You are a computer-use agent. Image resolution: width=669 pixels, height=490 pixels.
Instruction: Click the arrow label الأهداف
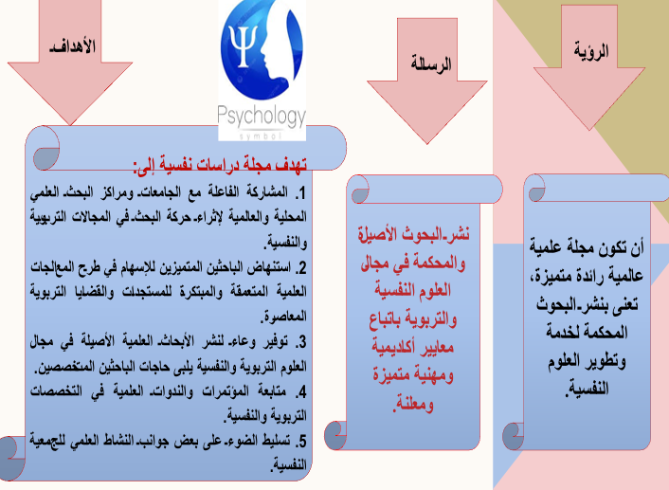click(x=73, y=46)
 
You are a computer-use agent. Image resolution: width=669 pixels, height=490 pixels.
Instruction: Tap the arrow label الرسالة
click(x=431, y=64)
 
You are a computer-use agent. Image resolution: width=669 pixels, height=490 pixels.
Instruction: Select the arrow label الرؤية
click(x=591, y=51)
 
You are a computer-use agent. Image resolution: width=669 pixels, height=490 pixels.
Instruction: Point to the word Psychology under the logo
click(x=262, y=117)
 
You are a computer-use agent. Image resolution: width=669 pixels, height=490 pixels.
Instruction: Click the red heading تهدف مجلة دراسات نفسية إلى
click(x=220, y=165)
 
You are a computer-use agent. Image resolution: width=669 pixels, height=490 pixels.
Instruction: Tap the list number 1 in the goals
click(x=301, y=193)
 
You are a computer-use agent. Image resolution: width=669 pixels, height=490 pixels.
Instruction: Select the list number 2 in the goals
click(x=301, y=268)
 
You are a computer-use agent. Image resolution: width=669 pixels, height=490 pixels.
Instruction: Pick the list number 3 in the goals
click(x=301, y=342)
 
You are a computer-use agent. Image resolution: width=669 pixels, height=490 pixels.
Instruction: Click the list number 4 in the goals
click(x=301, y=391)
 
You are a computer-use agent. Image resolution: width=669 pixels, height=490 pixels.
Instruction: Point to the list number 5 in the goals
click(x=301, y=441)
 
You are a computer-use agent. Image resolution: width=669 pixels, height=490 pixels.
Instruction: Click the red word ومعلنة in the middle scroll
click(x=413, y=403)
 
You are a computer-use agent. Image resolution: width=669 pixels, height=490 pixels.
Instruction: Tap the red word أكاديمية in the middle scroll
click(x=392, y=347)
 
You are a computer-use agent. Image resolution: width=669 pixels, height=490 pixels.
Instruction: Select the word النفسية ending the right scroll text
click(x=588, y=390)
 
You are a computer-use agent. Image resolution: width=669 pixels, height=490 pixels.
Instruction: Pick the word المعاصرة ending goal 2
click(x=283, y=318)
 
